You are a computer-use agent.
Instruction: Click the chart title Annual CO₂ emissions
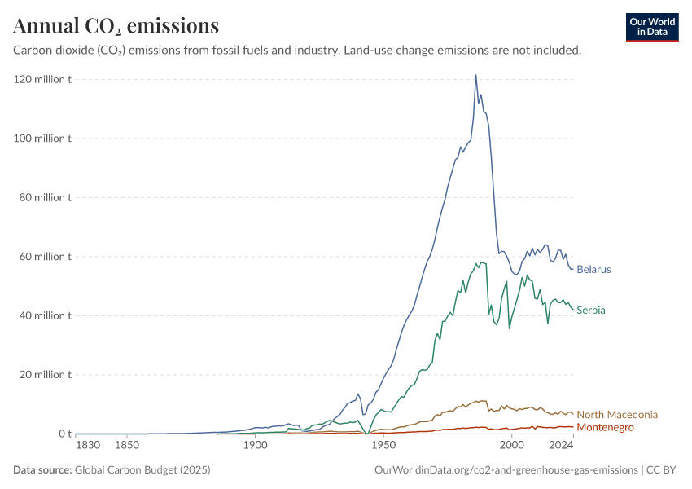point(116,25)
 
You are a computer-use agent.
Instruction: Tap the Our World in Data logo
point(652,28)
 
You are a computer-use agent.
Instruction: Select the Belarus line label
point(593,270)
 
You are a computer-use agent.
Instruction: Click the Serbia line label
point(591,310)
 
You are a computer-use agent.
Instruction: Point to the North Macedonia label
point(617,414)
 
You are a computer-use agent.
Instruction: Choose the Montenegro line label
point(605,427)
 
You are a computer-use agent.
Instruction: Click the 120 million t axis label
point(42,80)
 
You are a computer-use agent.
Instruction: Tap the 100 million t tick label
point(42,139)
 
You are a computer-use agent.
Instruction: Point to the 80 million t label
point(45,197)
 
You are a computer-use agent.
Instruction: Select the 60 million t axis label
point(45,257)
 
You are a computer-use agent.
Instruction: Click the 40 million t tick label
point(45,316)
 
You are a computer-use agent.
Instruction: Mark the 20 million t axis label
point(45,375)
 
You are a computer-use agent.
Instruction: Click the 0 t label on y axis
point(65,434)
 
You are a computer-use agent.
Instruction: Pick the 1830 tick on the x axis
point(88,445)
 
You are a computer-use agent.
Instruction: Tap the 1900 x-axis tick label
point(255,445)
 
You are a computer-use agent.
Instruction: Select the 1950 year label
point(383,445)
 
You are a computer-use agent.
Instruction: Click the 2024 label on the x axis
point(561,445)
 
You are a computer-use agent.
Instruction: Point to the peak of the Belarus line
point(475,75)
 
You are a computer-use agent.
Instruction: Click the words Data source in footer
point(42,469)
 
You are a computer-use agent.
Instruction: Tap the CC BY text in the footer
point(661,469)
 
